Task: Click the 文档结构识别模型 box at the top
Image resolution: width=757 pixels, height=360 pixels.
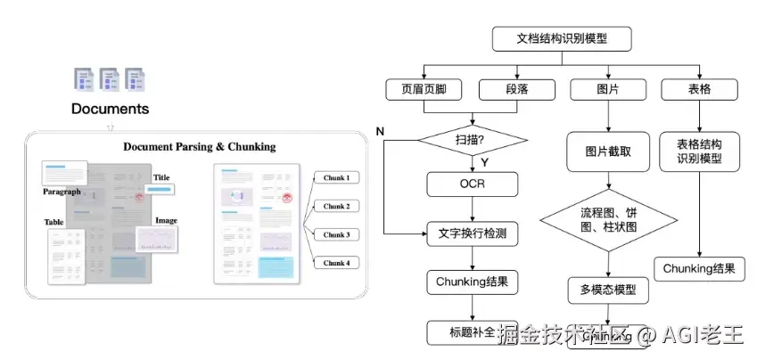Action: pos(562,39)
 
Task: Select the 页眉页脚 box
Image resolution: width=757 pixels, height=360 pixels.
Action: pos(424,89)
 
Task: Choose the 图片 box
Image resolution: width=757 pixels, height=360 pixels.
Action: pos(608,89)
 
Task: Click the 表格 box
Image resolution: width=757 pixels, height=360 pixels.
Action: pos(699,89)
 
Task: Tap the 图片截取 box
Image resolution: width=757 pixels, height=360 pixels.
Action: pos(608,151)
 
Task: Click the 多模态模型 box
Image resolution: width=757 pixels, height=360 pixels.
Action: pos(608,290)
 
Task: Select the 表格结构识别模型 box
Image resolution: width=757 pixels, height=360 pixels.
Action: pos(699,151)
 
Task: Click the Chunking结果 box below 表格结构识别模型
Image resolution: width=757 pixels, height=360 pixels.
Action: pos(699,268)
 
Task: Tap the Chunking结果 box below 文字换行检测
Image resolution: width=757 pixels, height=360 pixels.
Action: pos(472,282)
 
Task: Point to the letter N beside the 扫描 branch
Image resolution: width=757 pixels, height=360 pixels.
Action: pos(380,132)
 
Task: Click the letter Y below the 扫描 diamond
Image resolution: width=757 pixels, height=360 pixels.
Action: pos(484,163)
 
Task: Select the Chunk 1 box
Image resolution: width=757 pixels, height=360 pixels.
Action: pos(335,177)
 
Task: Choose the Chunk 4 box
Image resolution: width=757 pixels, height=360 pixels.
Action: pos(335,263)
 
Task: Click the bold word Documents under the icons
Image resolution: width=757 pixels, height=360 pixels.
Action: pos(111,110)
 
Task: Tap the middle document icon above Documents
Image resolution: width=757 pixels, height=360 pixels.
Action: pos(110,79)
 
